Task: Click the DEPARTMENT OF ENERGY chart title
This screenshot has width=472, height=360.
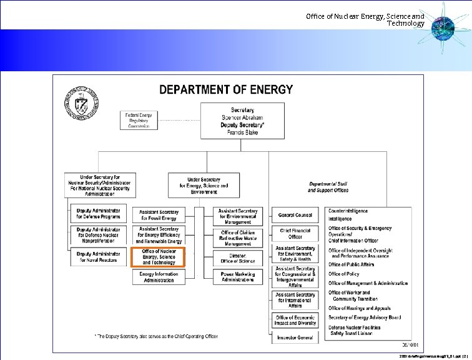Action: [226, 89]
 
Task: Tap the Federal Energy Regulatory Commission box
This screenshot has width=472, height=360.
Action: [140, 120]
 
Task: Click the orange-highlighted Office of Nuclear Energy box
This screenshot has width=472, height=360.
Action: [159, 257]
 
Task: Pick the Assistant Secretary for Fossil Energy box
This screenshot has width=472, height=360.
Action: [159, 215]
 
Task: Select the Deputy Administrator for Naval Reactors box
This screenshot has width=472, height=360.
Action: [98, 256]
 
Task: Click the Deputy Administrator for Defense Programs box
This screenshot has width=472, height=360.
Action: [98, 213]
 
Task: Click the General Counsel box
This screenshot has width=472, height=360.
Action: [295, 215]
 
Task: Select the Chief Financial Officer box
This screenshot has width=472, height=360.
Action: [295, 233]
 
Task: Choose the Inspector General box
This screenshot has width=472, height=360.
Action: [295, 337]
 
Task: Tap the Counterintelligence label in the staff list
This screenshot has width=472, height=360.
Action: [348, 211]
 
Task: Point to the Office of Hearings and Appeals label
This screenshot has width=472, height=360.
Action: [360, 307]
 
